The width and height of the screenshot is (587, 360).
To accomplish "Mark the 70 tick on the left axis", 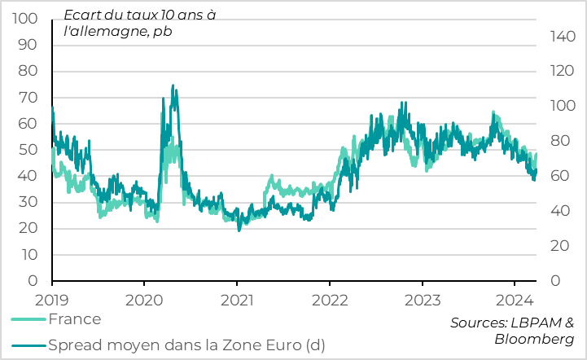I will (x=28, y=98).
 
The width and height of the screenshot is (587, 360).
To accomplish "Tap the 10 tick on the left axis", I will (x=29, y=255).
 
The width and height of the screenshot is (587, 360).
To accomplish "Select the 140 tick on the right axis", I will (x=562, y=36).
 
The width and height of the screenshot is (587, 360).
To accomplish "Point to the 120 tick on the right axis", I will (x=562, y=71).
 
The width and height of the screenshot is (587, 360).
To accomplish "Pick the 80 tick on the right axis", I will (x=559, y=141).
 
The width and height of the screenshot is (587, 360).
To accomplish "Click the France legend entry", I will (x=74, y=319).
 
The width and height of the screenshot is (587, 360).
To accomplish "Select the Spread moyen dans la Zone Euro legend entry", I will (x=186, y=345).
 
